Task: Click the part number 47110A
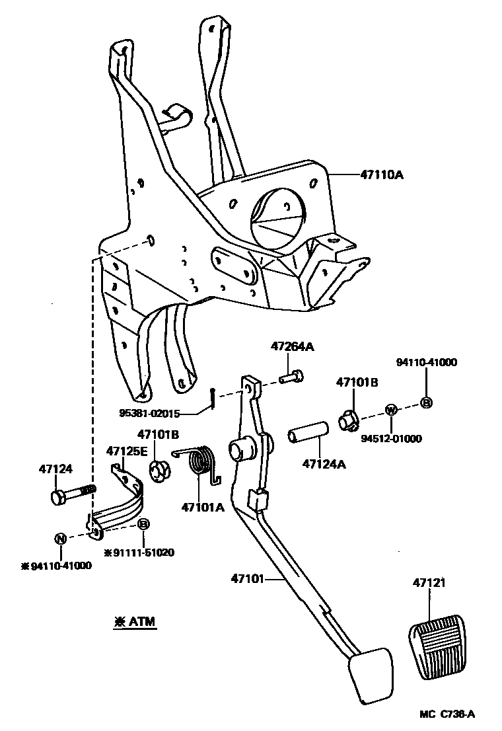[x=382, y=175]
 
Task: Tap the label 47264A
[x=291, y=346]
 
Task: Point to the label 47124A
[x=324, y=464]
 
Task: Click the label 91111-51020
[x=143, y=553]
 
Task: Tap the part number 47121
[x=431, y=583]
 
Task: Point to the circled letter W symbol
[x=391, y=410]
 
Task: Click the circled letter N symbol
[x=60, y=538]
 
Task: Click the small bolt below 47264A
[x=291, y=377]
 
